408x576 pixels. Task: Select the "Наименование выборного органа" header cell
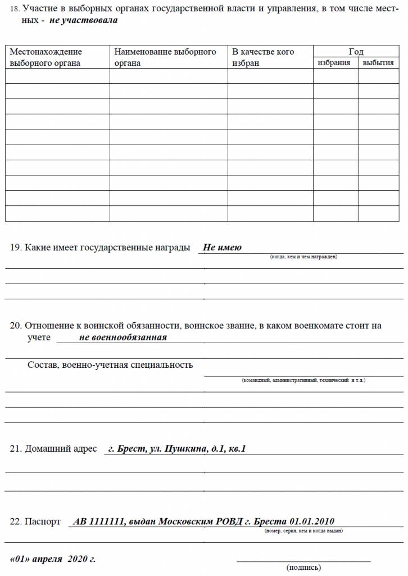point(165,57)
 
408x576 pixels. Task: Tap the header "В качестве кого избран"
point(264,57)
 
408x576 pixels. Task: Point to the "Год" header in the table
point(356,52)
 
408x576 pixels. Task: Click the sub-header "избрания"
point(334,62)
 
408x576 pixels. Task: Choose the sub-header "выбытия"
point(378,62)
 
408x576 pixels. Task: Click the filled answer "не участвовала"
point(84,20)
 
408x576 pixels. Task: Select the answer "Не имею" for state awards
point(222,247)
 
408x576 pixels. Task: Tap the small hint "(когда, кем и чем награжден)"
point(303,257)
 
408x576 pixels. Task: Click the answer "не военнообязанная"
point(123,337)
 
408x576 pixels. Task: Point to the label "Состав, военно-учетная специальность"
point(110,364)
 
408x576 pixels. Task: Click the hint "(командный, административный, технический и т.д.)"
point(303,380)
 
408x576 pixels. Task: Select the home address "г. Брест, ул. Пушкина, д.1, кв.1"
point(177,449)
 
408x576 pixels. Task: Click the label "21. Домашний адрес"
point(54,449)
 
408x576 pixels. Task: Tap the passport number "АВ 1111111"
point(99,521)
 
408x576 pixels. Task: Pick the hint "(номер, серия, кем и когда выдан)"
point(303,530)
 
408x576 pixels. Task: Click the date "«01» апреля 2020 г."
point(53,559)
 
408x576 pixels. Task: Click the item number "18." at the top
point(15,9)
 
